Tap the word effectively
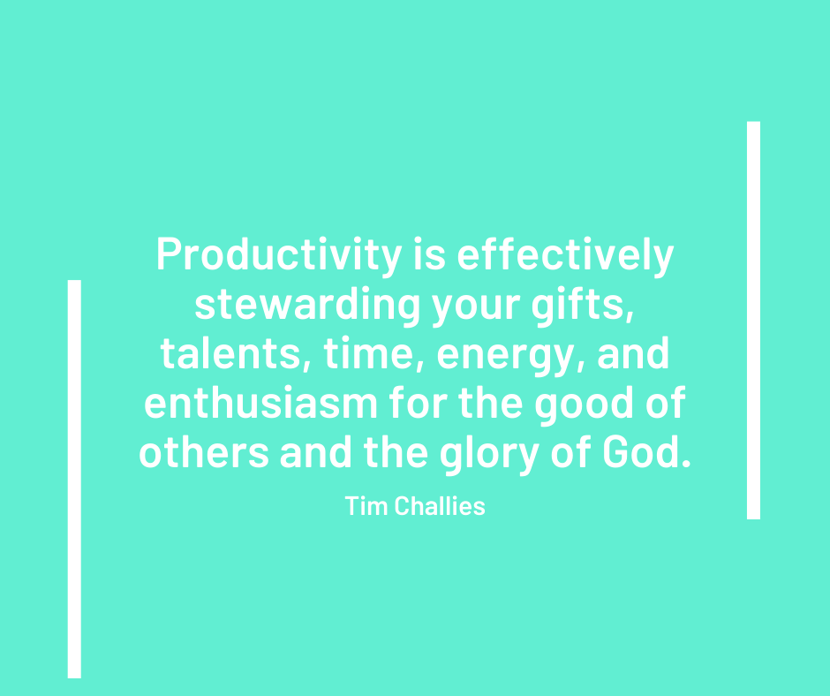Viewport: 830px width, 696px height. (566, 255)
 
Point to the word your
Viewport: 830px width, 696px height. (469, 306)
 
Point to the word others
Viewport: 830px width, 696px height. (204, 454)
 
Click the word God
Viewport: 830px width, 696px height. (645, 454)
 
